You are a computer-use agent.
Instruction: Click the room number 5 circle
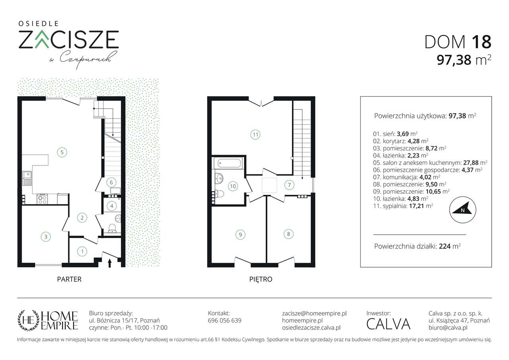62,152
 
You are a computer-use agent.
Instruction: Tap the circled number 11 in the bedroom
255,134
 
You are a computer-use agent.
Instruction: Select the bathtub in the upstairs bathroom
229,163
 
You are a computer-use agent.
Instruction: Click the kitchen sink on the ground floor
27,178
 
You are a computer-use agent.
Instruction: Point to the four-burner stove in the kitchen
43,199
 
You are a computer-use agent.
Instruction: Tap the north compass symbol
462,210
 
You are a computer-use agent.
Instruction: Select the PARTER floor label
69,279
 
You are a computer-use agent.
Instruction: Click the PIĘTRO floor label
260,279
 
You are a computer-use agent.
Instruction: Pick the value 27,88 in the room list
470,163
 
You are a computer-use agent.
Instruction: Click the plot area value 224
445,246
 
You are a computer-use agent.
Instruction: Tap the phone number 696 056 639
225,321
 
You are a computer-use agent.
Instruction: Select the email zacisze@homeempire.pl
314,313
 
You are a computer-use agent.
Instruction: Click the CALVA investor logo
389,324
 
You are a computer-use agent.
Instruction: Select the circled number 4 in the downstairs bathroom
112,206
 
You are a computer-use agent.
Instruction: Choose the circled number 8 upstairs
289,234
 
